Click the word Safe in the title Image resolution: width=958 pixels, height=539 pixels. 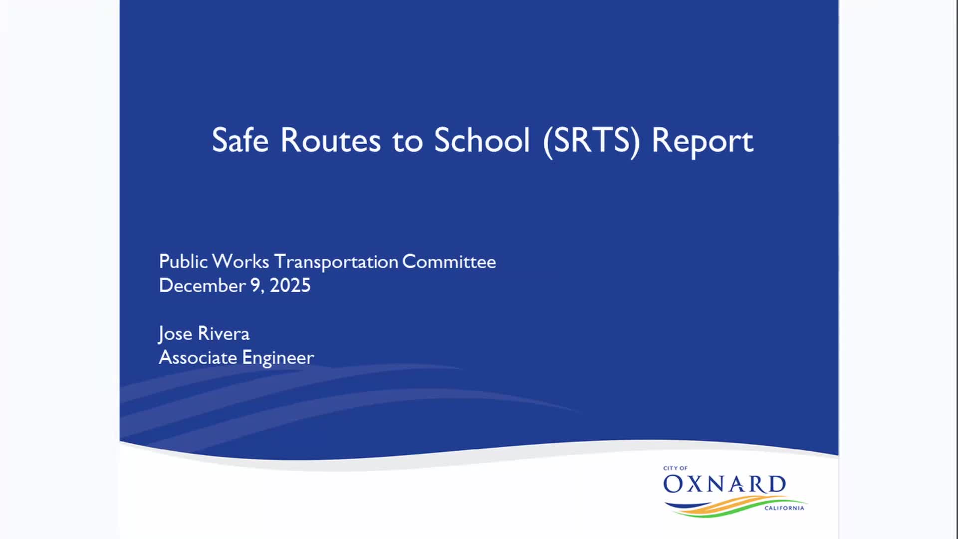240,140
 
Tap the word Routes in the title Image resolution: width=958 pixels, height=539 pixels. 330,140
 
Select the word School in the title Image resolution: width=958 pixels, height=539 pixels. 481,140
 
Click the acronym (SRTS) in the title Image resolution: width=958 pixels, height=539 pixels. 591,141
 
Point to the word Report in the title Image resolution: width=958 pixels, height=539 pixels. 702,141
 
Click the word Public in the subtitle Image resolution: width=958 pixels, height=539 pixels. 183,262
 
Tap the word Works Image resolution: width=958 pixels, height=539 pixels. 240,262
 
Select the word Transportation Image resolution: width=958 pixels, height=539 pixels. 336,262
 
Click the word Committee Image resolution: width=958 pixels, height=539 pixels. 449,262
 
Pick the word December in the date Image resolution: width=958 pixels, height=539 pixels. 202,285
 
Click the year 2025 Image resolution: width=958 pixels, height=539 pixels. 290,285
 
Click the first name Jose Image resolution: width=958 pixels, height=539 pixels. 175,333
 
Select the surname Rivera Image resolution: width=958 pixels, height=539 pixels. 224,333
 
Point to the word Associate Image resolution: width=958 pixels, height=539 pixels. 198,357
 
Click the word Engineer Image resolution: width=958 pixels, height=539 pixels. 278,358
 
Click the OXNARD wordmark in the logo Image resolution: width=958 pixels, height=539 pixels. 724,484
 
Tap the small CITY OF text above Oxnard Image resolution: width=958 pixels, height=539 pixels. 675,468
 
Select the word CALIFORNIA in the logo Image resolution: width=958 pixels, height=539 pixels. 784,508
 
